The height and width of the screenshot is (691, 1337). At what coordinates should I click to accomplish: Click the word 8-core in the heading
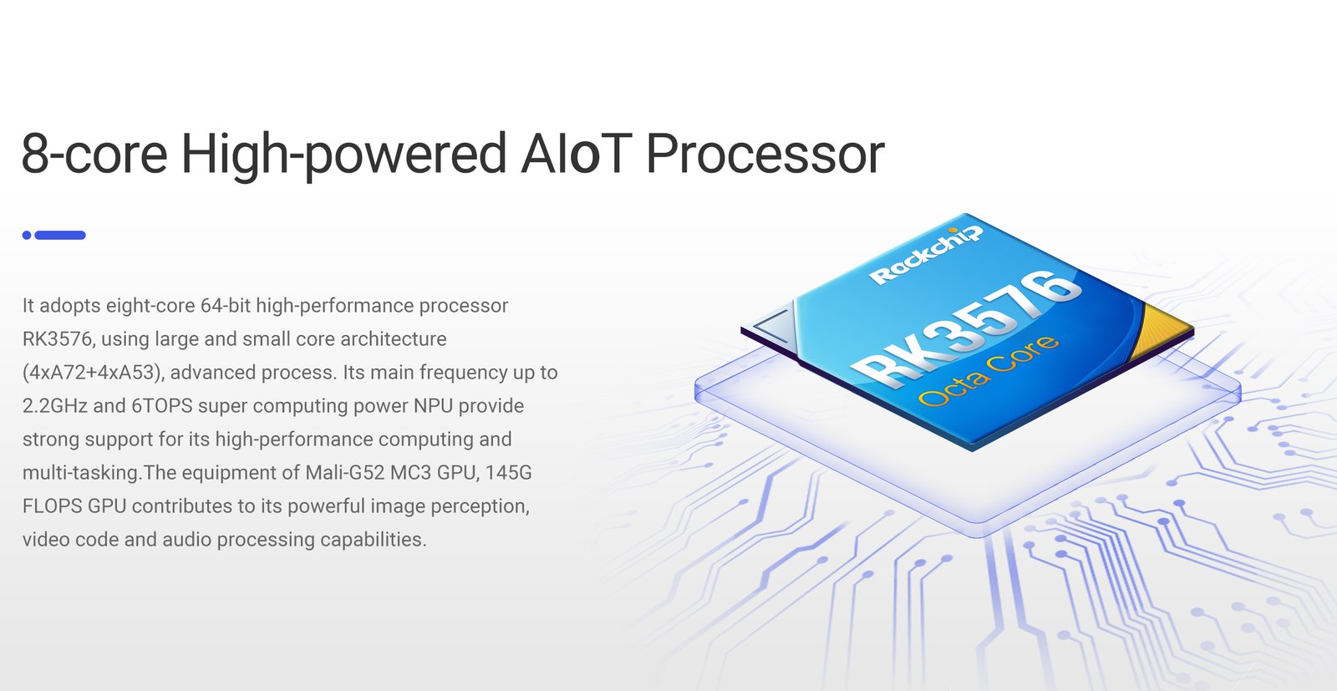(x=95, y=154)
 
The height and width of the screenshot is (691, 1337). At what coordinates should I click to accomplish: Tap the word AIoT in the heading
(x=576, y=154)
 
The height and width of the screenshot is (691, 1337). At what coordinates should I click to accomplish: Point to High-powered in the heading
(x=343, y=155)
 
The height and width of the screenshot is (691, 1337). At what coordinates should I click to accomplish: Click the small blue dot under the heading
(x=27, y=235)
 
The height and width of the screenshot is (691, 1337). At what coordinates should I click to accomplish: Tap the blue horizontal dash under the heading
(x=60, y=235)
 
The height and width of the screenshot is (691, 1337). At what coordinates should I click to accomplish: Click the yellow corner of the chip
(x=1161, y=329)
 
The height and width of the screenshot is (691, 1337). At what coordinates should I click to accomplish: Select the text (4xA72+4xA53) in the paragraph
(x=93, y=373)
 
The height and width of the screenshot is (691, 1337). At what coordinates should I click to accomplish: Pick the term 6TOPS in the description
(x=162, y=406)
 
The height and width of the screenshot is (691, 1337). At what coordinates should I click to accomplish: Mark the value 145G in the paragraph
(x=509, y=473)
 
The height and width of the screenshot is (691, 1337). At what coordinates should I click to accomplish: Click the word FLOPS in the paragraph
(x=53, y=506)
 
